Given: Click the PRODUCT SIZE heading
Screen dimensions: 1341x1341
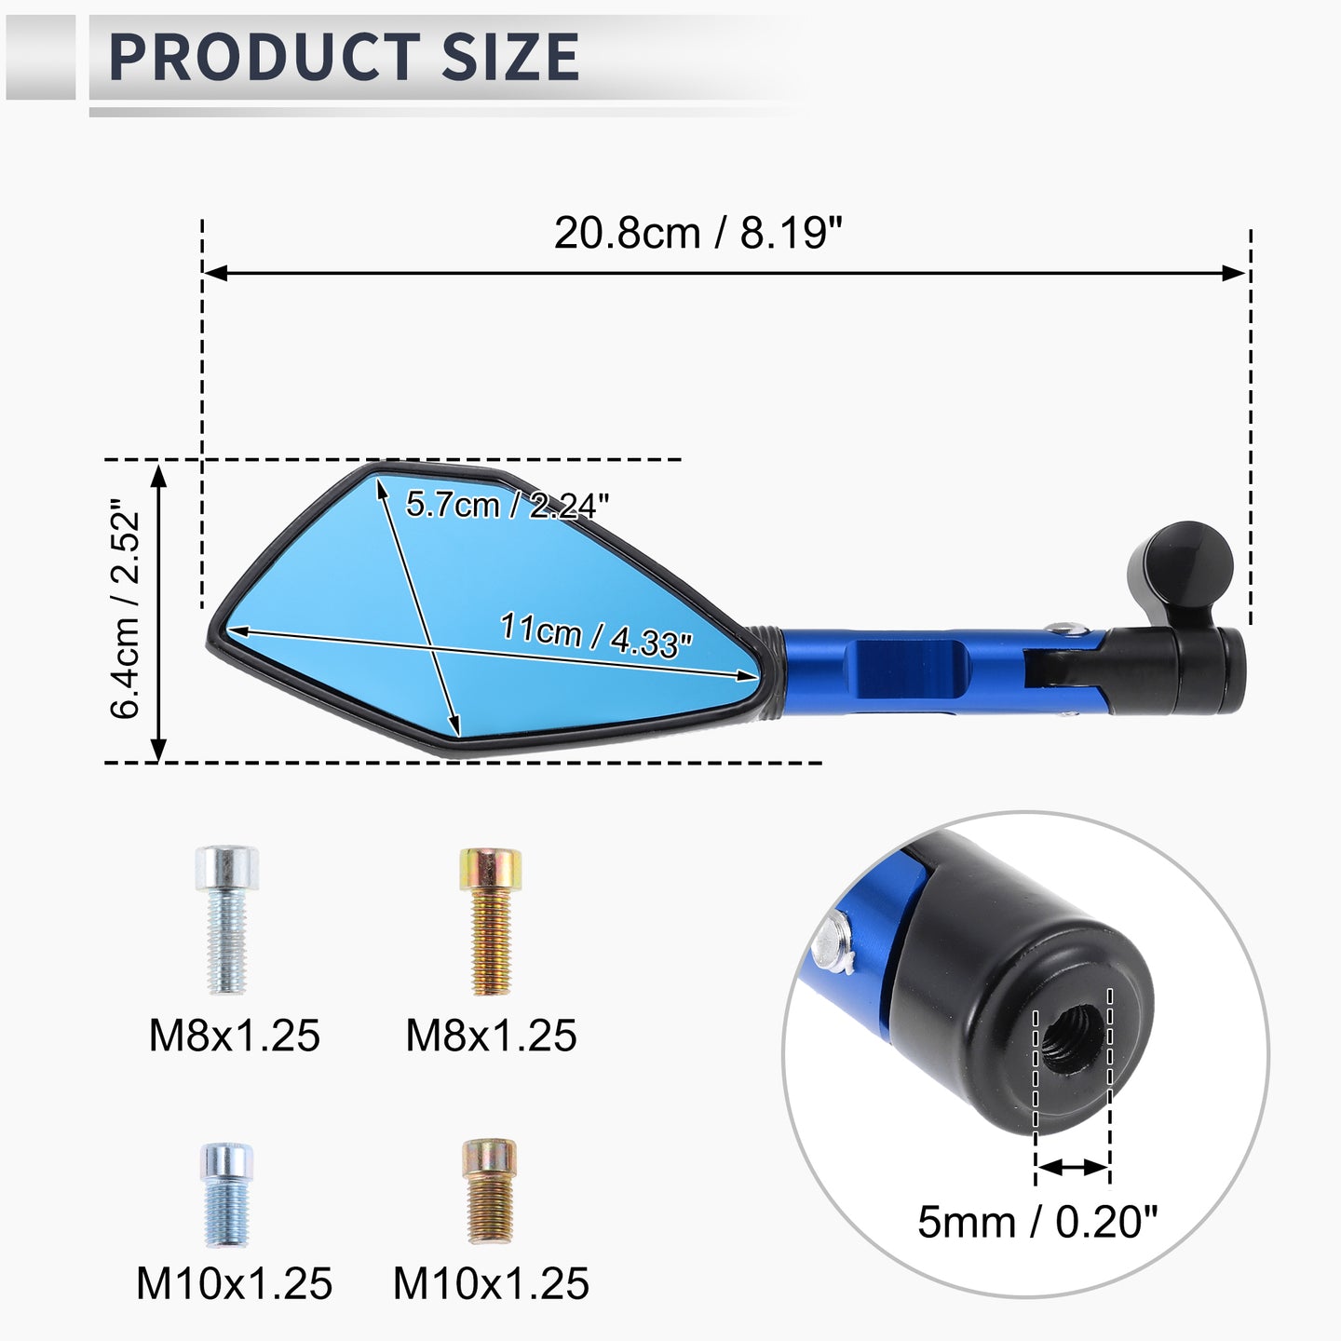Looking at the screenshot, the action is point(344,57).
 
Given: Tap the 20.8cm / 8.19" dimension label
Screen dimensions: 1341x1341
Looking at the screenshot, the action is point(698,233).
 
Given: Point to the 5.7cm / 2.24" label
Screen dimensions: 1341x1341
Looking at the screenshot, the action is point(508,506).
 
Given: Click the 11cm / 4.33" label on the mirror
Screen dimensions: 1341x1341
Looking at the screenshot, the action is point(596,635).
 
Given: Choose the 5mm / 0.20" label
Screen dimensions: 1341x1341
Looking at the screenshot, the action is point(1036,1221).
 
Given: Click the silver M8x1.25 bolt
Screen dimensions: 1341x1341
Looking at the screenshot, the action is point(227,919).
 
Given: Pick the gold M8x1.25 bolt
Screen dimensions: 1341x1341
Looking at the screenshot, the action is point(491,921).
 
